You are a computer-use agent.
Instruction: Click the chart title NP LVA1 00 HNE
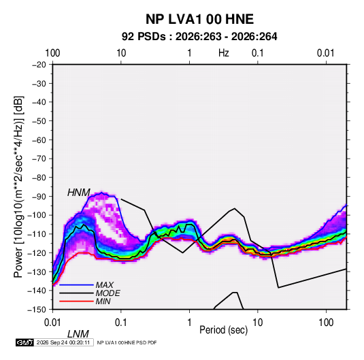click(x=199, y=19)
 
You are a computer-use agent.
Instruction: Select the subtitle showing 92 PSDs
click(x=199, y=37)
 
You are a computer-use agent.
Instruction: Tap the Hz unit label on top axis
click(x=224, y=53)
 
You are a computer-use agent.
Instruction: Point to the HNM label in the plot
click(x=79, y=193)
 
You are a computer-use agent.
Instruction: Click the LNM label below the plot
click(x=78, y=334)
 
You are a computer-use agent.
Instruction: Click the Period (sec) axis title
click(x=224, y=330)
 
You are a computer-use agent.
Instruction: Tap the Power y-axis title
click(x=18, y=186)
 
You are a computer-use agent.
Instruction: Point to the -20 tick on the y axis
click(x=39, y=65)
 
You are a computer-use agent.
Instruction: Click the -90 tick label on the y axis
click(x=39, y=197)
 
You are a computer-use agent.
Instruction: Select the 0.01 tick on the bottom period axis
click(x=52, y=323)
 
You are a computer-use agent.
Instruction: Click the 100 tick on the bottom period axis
click(x=326, y=323)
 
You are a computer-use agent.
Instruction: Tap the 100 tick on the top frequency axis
click(x=52, y=53)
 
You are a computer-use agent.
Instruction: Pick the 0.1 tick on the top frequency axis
click(x=258, y=53)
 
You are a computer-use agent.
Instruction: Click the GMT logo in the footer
click(x=25, y=342)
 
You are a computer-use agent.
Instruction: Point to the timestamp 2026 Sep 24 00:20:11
click(x=63, y=342)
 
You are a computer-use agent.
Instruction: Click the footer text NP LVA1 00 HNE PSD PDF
click(x=127, y=342)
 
